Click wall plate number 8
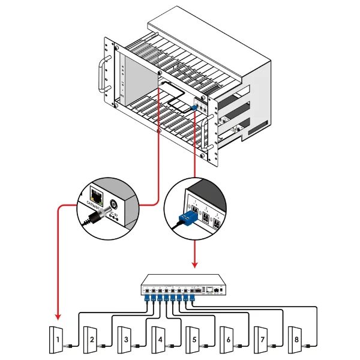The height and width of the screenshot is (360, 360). (x=297, y=340)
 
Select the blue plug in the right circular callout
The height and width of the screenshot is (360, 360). (x=188, y=217)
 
